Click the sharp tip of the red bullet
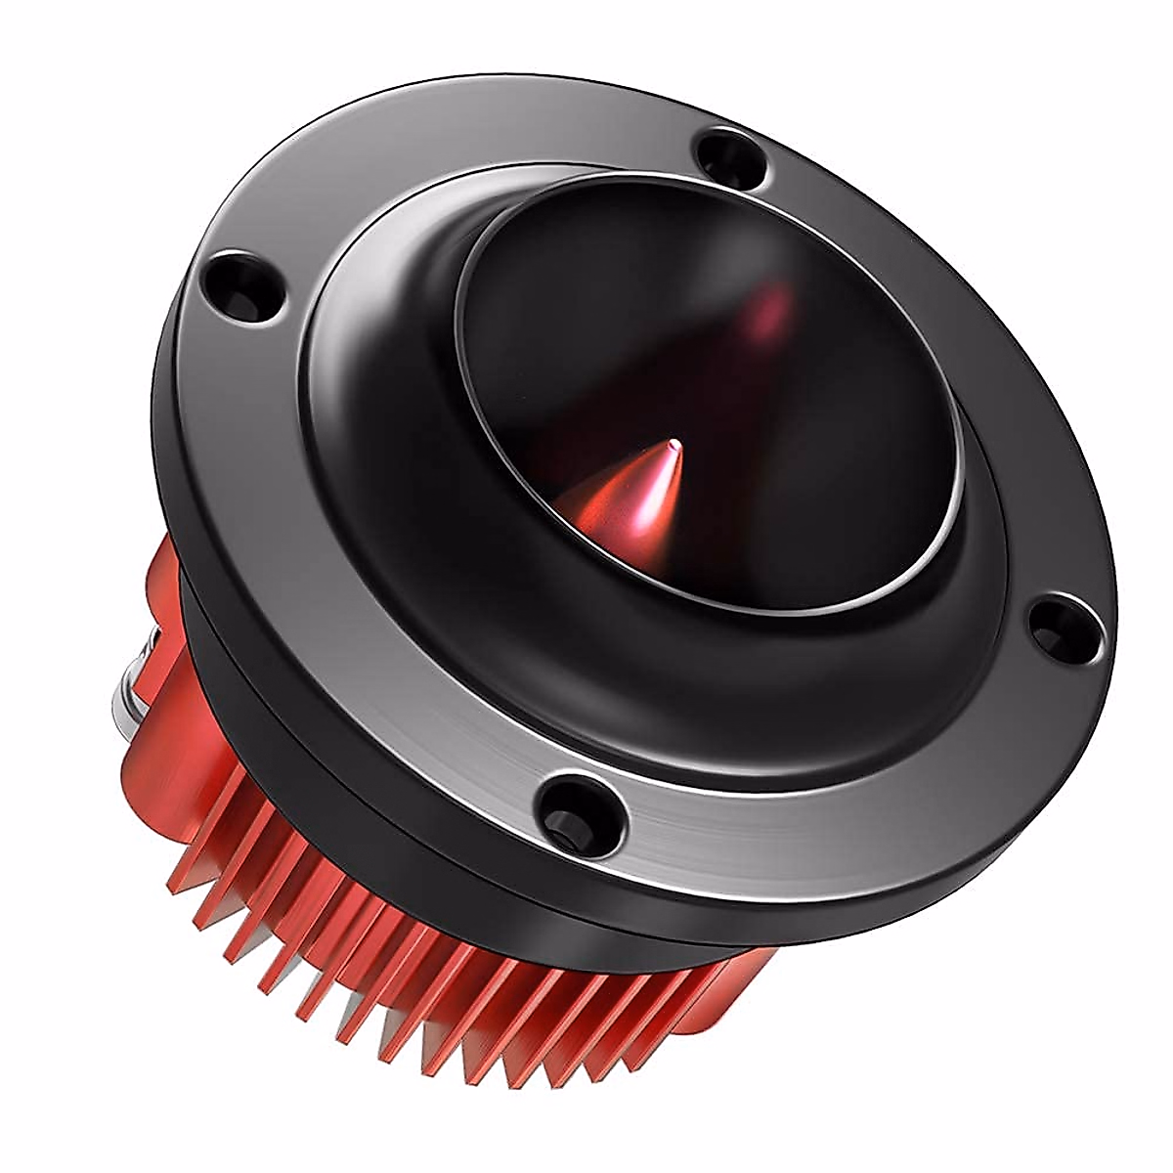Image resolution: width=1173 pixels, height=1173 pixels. (x=672, y=446)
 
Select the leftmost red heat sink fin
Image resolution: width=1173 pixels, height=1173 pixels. (x=181, y=860)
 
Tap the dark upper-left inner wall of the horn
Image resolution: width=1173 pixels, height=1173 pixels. (x=547, y=323)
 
